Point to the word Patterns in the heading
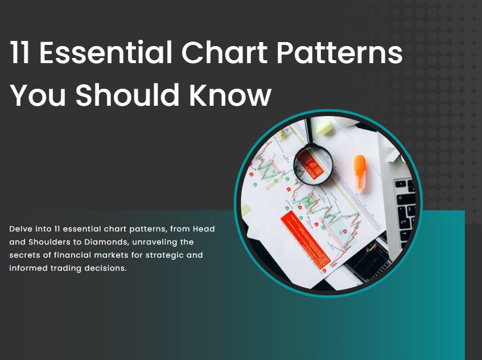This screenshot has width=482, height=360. point(339,53)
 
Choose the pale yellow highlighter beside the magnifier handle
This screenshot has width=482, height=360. point(324,127)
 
